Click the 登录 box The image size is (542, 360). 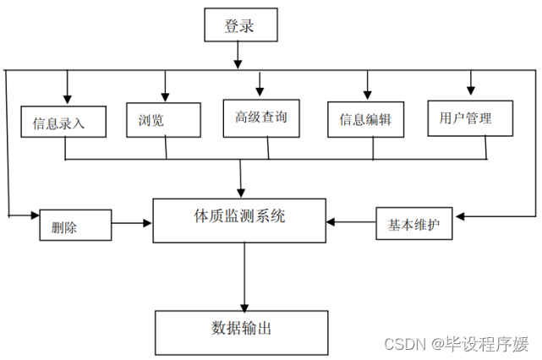tap(240, 26)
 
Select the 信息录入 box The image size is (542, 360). tap(63, 122)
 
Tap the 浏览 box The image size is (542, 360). tap(163, 119)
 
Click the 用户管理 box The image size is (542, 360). tap(469, 117)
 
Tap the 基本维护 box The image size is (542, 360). tap(414, 226)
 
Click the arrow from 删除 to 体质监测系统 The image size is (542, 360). tap(133, 224)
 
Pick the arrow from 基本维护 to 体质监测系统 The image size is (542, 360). tap(351, 222)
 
